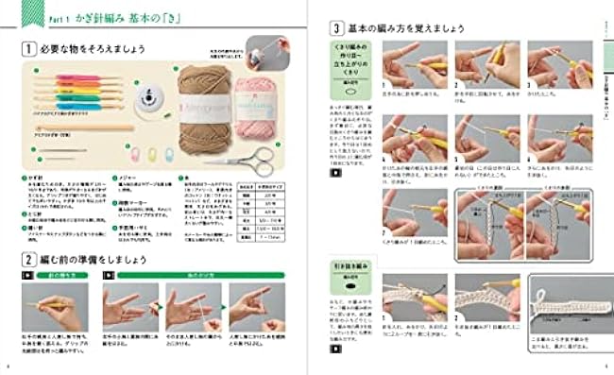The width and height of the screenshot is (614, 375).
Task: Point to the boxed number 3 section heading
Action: click(335, 28)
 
